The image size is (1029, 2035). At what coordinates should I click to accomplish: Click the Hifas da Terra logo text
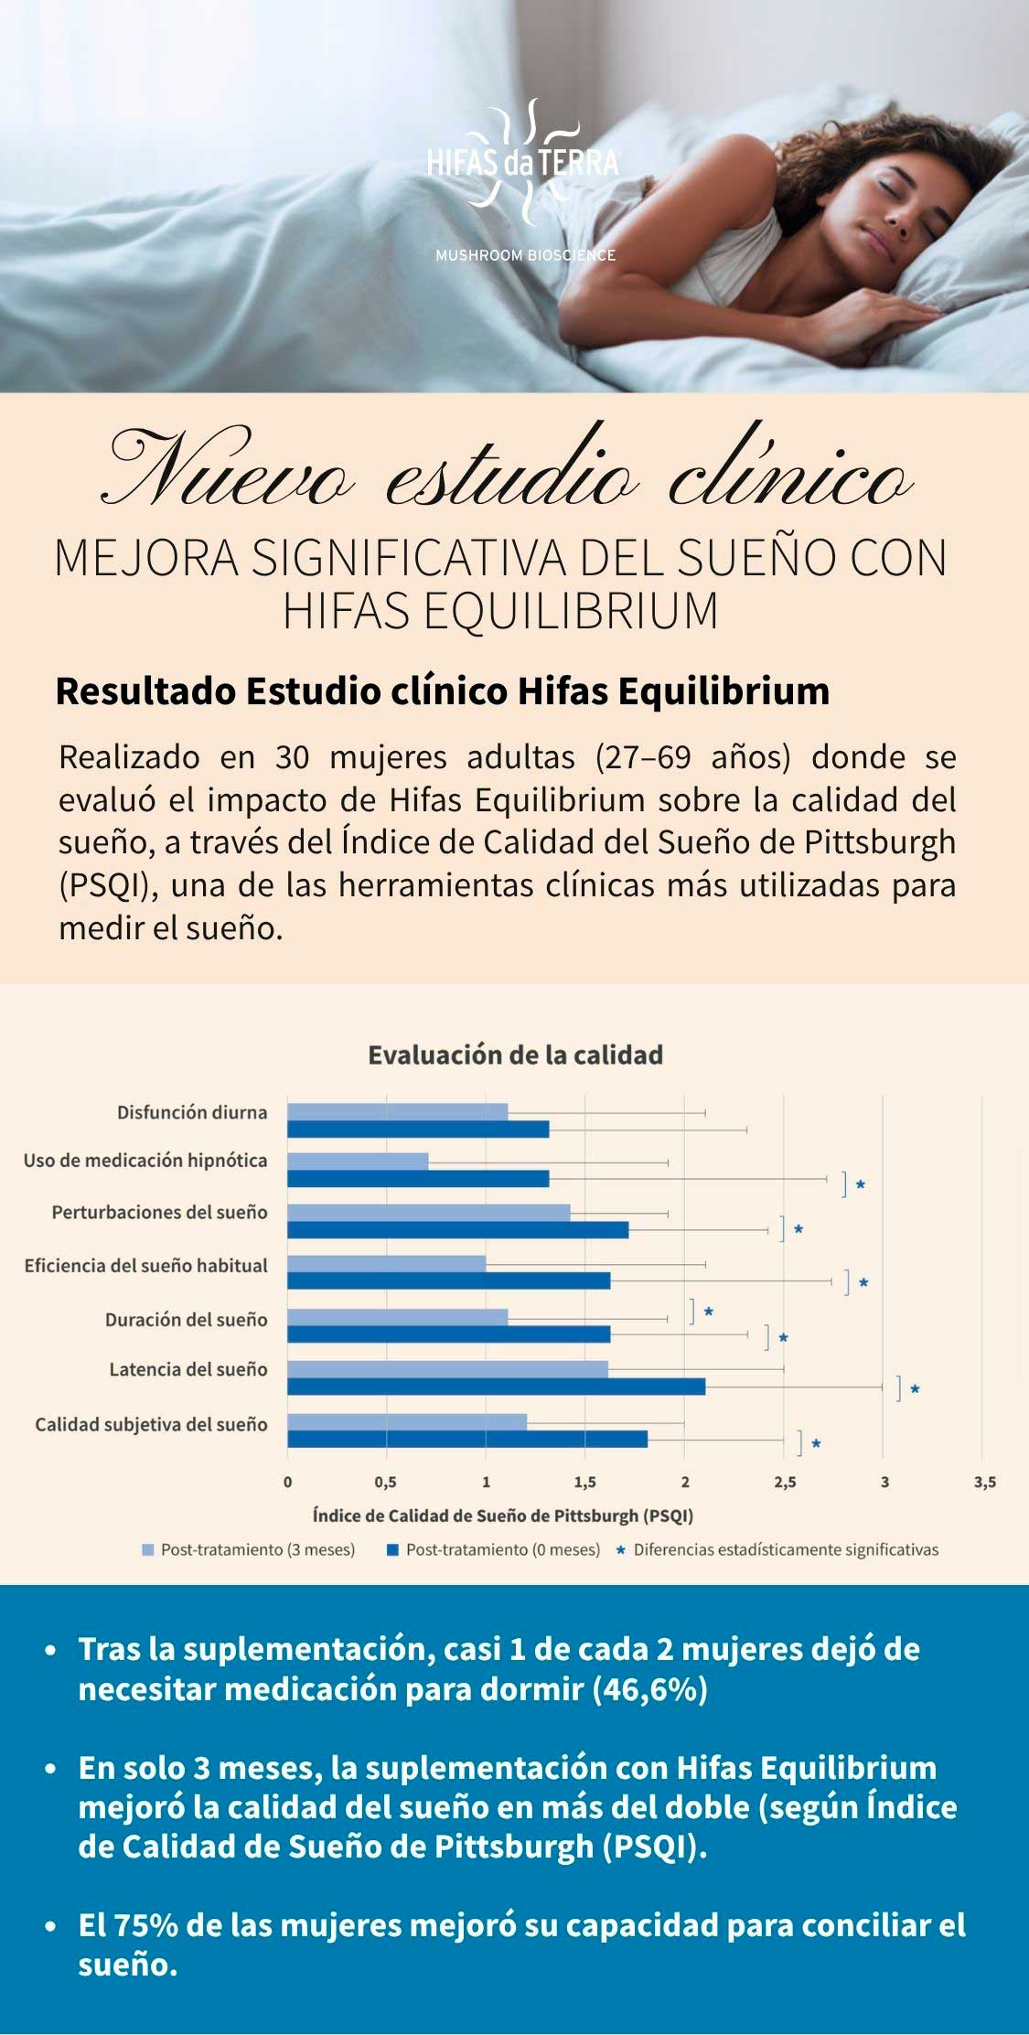523,165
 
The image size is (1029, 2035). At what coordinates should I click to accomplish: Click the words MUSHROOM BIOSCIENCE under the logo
525,255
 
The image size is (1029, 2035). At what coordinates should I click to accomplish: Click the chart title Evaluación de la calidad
515,1055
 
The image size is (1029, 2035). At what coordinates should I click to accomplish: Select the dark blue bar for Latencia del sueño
496,1387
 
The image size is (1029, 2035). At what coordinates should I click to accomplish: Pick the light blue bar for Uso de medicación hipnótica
358,1162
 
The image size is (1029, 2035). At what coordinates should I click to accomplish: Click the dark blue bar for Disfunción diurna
418,1130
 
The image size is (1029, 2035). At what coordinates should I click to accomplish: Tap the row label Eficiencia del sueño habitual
146,1266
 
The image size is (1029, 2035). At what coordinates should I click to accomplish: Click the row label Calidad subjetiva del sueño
151,1424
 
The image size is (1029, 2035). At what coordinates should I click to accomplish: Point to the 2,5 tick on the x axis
784,1483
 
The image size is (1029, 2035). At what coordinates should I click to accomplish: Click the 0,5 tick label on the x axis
385,1483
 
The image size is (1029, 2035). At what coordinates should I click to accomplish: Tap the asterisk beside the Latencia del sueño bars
915,1389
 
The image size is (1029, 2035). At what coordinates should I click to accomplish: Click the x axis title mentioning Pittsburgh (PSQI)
503,1516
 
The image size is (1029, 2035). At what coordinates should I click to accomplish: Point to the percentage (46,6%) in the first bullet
650,1688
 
